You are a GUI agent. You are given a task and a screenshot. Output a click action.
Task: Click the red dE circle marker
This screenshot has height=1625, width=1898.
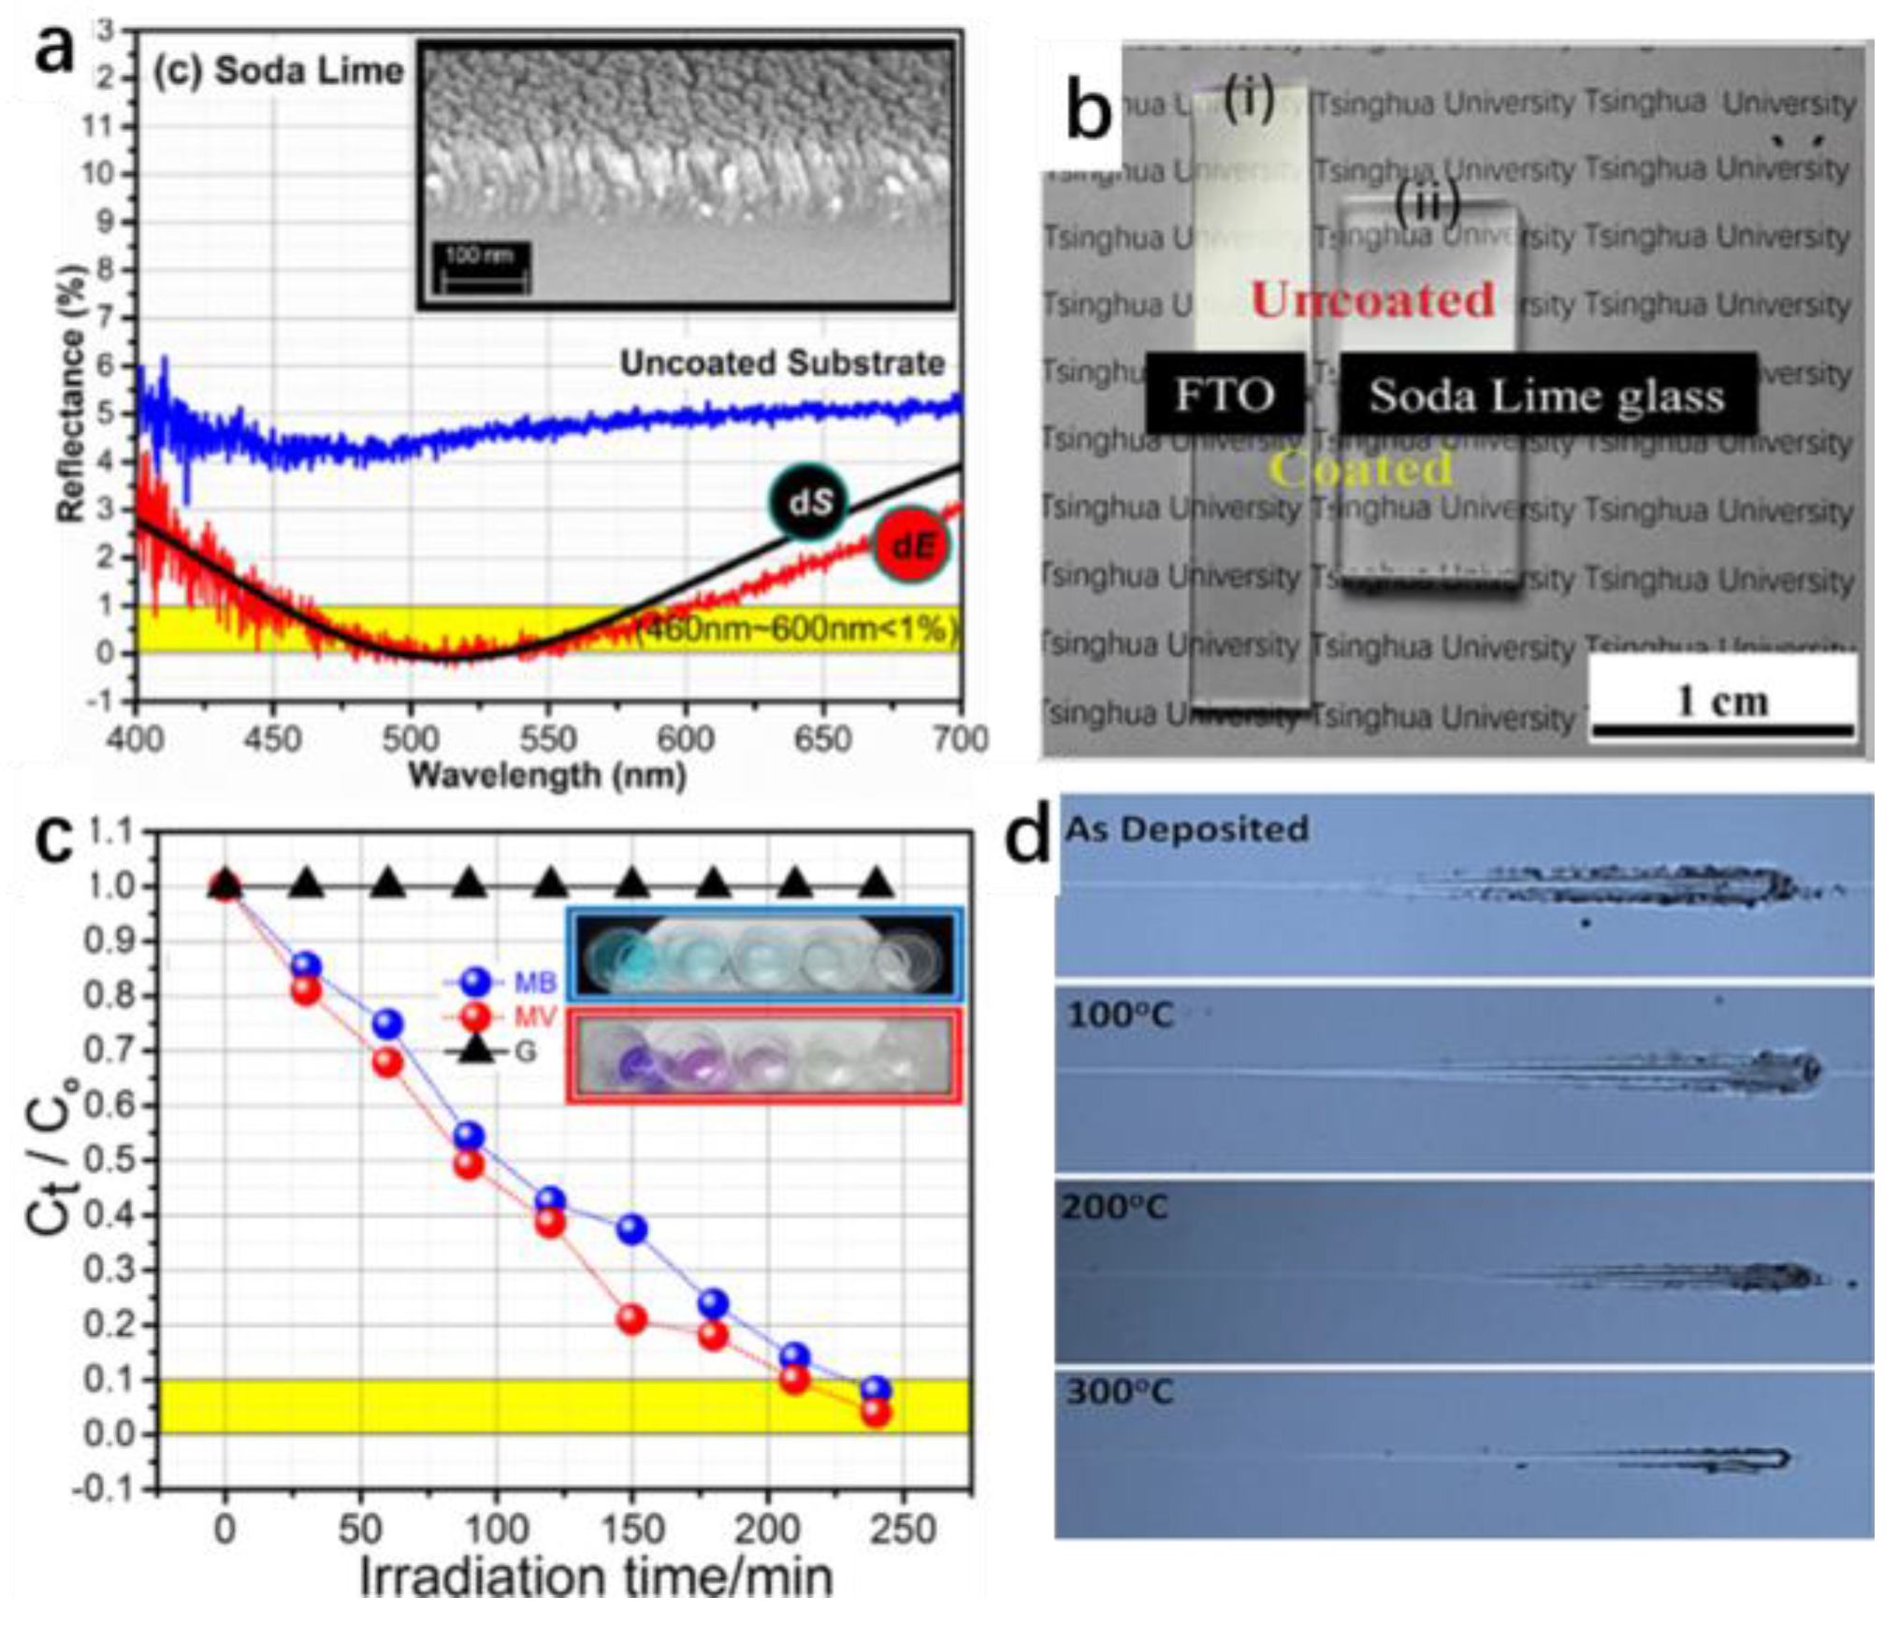[x=909, y=546]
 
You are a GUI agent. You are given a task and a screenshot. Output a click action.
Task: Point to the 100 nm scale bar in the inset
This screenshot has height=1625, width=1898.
[x=482, y=268]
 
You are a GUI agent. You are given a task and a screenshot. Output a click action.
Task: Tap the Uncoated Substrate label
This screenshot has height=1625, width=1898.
[x=782, y=363]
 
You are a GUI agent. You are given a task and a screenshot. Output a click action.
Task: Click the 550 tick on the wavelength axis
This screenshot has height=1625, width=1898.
[x=547, y=740]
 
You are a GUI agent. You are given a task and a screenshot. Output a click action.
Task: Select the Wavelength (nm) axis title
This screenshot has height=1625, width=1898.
[x=547, y=776]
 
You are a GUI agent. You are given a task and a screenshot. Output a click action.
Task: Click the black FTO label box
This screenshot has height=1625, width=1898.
[x=1224, y=394]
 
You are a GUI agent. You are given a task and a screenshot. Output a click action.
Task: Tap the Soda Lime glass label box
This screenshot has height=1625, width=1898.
[x=1546, y=395]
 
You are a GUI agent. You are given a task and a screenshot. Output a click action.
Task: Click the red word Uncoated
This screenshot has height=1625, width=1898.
[x=1372, y=300]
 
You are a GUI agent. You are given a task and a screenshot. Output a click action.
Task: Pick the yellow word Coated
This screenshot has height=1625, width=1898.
[x=1361, y=468]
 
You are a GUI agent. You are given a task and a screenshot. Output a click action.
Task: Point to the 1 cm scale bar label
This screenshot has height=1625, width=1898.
[x=1722, y=700]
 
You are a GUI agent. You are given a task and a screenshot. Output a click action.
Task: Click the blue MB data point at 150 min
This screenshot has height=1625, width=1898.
[x=632, y=1229]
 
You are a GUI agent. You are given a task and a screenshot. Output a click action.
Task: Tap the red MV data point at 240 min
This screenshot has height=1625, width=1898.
[x=876, y=1412]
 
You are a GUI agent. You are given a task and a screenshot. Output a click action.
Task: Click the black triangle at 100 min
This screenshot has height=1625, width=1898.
[x=470, y=884]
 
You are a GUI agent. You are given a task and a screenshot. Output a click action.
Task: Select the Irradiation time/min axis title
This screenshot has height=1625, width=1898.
[x=596, y=1577]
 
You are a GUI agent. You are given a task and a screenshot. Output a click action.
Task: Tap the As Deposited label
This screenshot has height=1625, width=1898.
[x=1186, y=829]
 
